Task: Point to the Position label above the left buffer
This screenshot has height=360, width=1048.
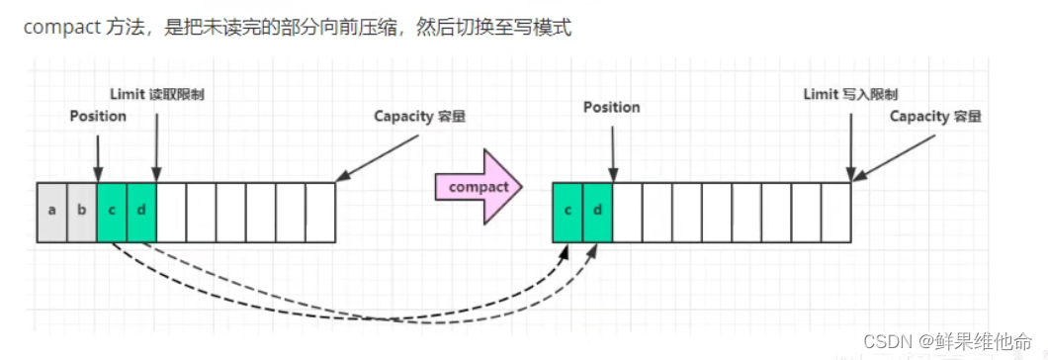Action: (98, 116)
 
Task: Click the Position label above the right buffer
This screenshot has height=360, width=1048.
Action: (611, 107)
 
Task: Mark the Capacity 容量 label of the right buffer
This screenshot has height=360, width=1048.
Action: (935, 116)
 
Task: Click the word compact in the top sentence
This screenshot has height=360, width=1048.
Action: (62, 27)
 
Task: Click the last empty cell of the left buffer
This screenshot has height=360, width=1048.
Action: (320, 213)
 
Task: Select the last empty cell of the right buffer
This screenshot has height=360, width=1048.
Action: (835, 213)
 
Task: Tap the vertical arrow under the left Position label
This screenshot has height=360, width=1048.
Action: (98, 155)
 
